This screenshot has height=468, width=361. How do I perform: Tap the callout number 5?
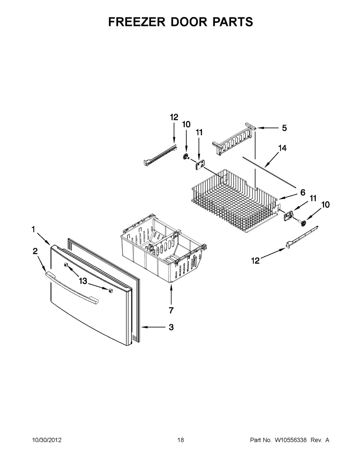pyautogui.click(x=284, y=128)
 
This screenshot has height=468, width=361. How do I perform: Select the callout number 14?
pyautogui.click(x=282, y=148)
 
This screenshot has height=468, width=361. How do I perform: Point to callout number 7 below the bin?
pyautogui.click(x=171, y=310)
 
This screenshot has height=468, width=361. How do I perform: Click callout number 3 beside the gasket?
pyautogui.click(x=171, y=327)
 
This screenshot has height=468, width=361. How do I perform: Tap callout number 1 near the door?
pyautogui.click(x=33, y=229)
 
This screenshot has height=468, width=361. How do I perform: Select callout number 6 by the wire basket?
pyautogui.click(x=303, y=193)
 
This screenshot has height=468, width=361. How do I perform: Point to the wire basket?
pyautogui.click(x=235, y=195)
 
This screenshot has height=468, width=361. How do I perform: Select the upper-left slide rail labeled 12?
pyautogui.click(x=161, y=155)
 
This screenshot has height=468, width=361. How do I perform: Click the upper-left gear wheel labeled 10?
pyautogui.click(x=186, y=156)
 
